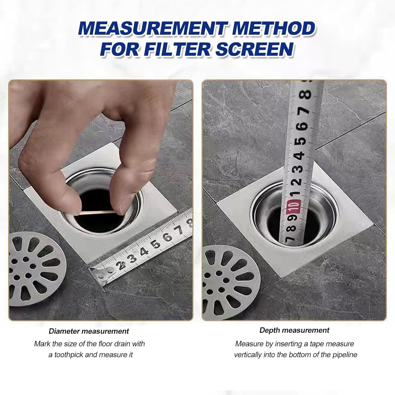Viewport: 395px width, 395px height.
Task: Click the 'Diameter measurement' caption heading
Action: [89, 331]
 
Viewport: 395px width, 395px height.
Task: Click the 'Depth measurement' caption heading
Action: [294, 330]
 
